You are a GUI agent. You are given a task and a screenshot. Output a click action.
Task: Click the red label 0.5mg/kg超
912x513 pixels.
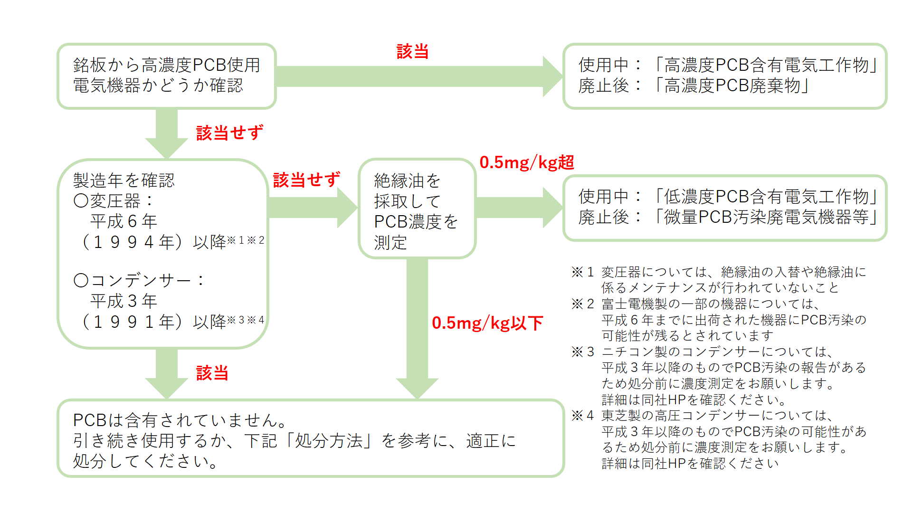click(527, 162)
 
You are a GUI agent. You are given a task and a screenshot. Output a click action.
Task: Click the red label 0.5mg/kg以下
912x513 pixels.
click(487, 323)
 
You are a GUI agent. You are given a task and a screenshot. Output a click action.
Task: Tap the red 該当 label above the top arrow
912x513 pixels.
click(413, 51)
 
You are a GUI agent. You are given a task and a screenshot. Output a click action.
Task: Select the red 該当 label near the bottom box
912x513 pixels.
click(212, 373)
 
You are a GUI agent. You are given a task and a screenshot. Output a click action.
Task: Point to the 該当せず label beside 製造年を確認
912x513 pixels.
click(307, 180)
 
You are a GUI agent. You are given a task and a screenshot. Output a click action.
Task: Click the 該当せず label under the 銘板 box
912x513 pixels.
click(230, 133)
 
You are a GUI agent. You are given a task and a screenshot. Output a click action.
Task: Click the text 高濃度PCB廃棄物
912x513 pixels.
click(732, 85)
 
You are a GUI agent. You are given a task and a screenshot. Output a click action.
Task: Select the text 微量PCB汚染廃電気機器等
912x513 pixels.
click(766, 217)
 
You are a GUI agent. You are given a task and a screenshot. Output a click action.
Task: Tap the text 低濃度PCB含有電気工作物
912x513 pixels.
click(766, 196)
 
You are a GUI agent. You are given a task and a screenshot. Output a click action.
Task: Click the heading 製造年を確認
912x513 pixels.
click(124, 180)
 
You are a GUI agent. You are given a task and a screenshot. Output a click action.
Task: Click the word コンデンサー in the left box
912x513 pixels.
click(141, 280)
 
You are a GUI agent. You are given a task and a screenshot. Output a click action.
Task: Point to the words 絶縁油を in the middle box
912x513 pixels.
click(407, 180)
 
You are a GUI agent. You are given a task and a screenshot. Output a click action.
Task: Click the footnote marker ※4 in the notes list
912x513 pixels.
click(582, 416)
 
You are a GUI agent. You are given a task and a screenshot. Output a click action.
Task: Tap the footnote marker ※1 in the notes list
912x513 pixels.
click(582, 272)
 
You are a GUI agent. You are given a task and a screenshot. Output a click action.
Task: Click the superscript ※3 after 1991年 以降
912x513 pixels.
click(236, 320)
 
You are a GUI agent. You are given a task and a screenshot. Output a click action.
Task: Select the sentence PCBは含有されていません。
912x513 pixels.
click(180, 420)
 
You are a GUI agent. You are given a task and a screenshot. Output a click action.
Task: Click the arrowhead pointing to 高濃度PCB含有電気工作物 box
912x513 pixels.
click(553, 76)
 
